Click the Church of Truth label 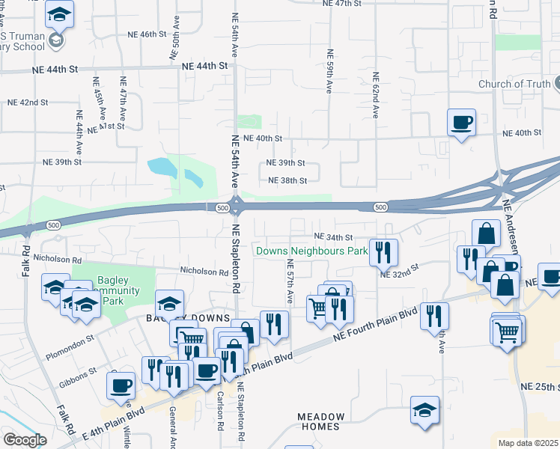tap(514, 84)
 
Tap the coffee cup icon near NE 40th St tap(461, 122)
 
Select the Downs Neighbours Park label tap(311, 251)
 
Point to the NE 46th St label tap(141, 34)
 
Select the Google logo tap(25, 440)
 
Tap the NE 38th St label tap(288, 180)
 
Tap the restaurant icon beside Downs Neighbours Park tap(383, 252)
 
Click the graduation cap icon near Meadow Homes tap(424, 411)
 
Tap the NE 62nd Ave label tap(374, 95)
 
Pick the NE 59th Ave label tap(329, 71)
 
